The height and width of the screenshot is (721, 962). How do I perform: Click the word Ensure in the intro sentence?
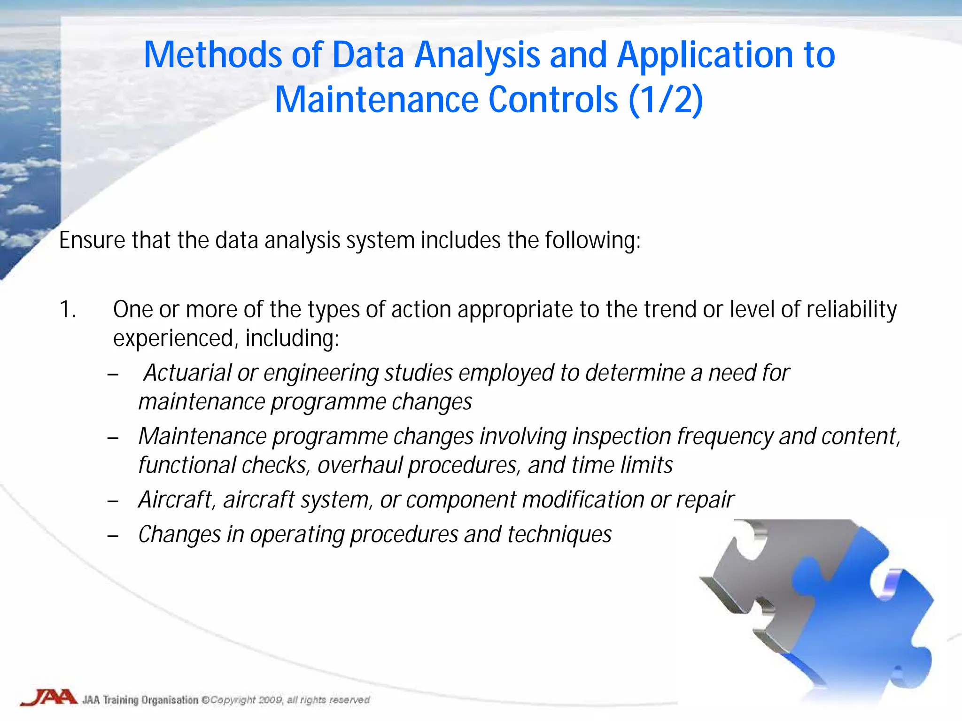coord(92,240)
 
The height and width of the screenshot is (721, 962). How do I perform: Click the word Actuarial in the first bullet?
coord(187,373)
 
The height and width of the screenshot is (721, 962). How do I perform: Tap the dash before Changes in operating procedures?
coord(113,536)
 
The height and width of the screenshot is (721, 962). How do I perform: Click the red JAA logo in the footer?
coord(49,698)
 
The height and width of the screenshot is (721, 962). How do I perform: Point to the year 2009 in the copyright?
coord(270,700)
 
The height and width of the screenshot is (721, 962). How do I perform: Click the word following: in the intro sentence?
coord(592,240)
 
